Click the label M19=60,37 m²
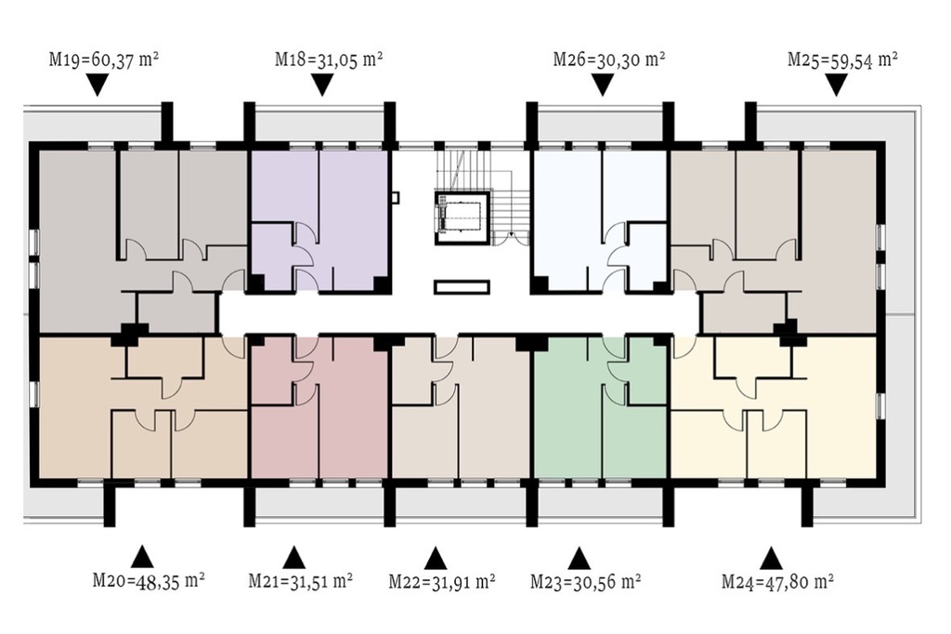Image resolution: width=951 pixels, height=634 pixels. tap(104, 59)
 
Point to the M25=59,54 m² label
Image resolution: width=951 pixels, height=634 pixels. tap(842, 59)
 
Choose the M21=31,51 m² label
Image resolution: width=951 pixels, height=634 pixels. tap(301, 581)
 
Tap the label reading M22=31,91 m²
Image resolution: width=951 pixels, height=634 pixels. tap(441, 581)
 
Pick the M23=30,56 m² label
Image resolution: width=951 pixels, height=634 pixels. tap(586, 581)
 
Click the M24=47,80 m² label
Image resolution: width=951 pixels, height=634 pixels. tap(777, 581)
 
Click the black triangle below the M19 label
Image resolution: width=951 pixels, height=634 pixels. tap(97, 85)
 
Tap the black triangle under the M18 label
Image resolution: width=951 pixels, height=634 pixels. tap(322, 85)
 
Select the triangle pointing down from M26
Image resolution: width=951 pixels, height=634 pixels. tap(602, 85)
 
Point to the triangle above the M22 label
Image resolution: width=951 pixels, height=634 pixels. tap(435, 558)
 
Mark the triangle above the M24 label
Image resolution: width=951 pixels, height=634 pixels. tap(770, 558)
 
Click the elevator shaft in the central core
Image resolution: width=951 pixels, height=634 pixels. tap(462, 217)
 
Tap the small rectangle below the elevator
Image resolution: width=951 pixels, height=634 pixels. tap(462, 286)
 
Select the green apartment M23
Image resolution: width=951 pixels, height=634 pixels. tap(601, 407)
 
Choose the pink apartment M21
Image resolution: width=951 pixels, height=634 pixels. tap(319, 407)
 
